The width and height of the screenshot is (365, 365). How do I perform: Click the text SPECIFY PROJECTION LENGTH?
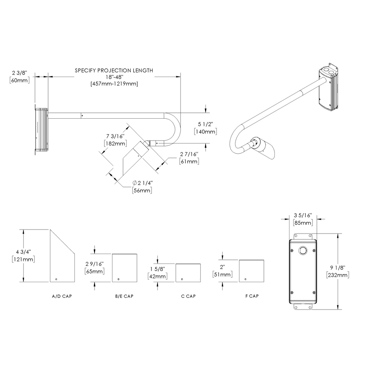click(x=114, y=70)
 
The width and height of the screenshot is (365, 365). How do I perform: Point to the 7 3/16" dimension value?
click(x=114, y=136)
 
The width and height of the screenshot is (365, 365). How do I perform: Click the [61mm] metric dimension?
click(x=189, y=161)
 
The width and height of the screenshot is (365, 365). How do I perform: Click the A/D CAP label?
click(x=62, y=296)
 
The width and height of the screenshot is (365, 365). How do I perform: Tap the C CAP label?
click(x=188, y=296)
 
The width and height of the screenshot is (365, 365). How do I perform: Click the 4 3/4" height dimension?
click(x=23, y=252)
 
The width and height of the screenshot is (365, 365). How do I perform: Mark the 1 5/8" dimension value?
click(x=158, y=269)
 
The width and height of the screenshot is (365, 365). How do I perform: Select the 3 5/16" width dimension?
click(x=302, y=216)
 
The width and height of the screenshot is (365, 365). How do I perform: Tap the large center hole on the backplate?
click(x=302, y=251)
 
